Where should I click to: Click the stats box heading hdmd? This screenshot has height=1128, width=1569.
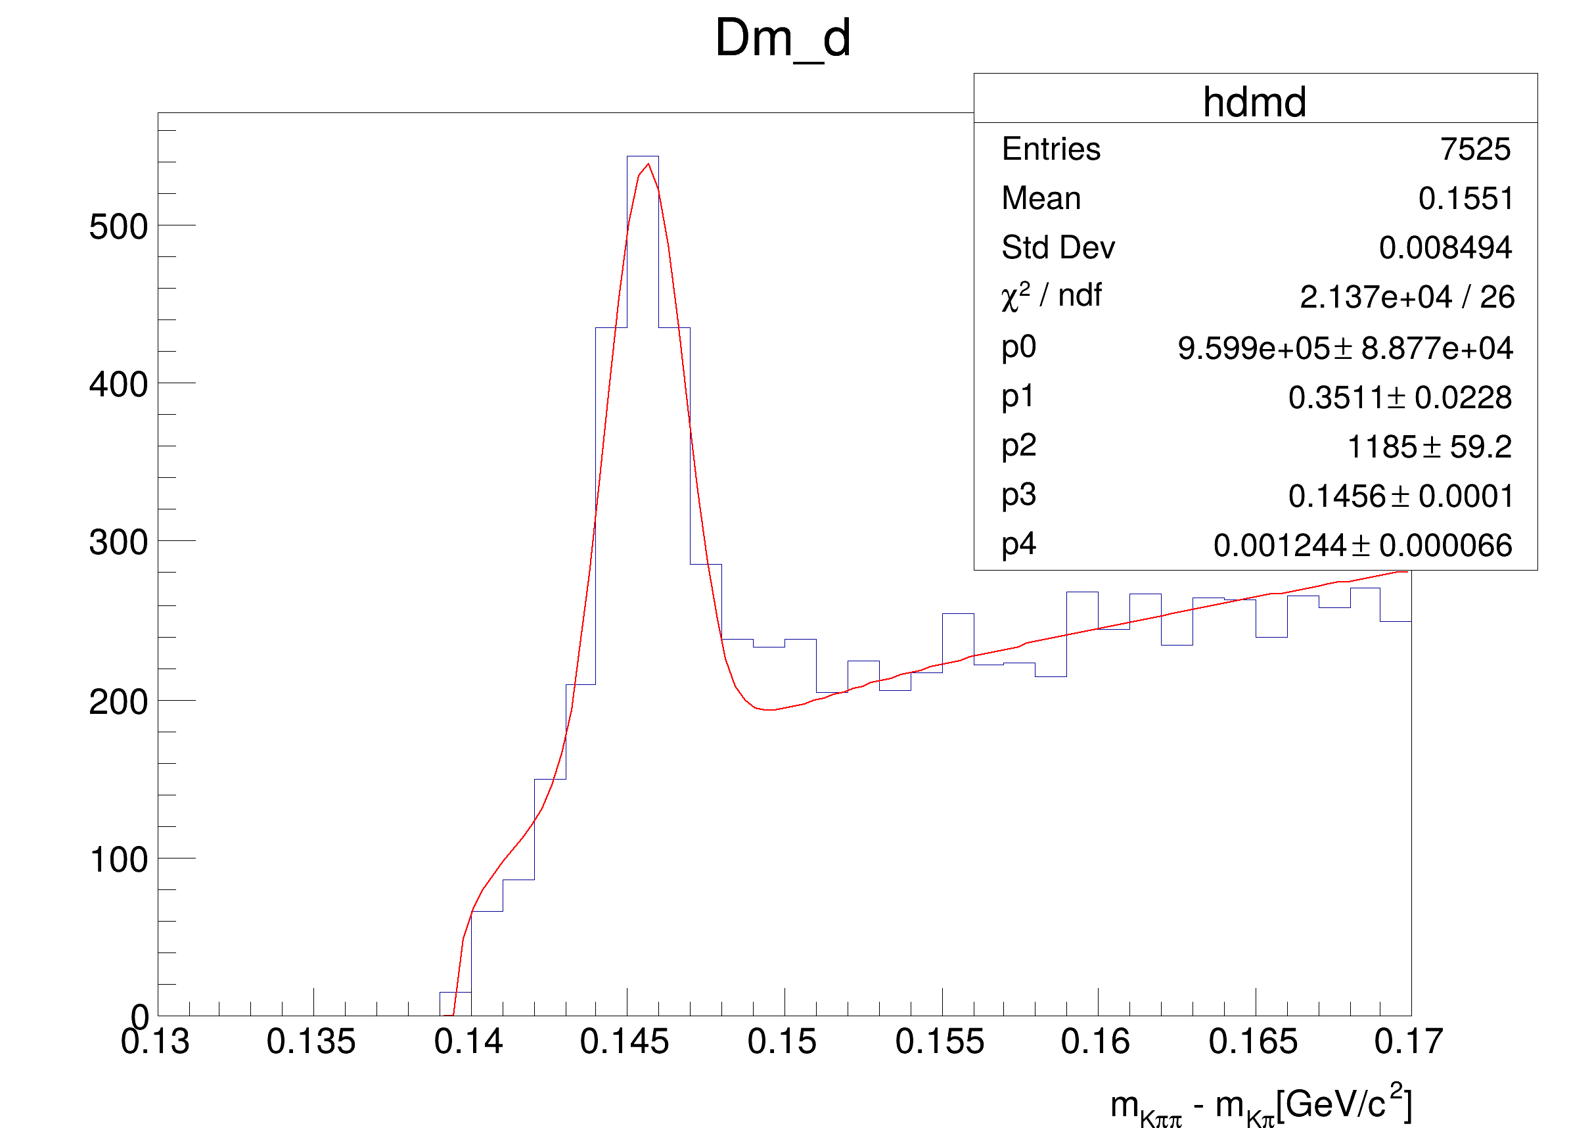pyautogui.click(x=1254, y=103)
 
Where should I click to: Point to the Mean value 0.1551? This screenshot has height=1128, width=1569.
pyautogui.click(x=1465, y=199)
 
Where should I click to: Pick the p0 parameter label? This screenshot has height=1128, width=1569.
pyautogui.click(x=1018, y=346)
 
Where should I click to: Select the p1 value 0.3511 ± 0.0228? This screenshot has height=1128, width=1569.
pyautogui.click(x=1399, y=397)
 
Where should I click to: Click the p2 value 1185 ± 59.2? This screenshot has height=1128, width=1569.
pyautogui.click(x=1428, y=447)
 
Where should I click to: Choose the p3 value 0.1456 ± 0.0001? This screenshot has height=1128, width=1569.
pyautogui.click(x=1399, y=496)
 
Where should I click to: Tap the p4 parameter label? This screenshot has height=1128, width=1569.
pyautogui.click(x=1018, y=545)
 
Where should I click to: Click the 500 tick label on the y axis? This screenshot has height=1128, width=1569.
pyautogui.click(x=118, y=227)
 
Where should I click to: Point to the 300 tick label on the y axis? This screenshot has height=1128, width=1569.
pyautogui.click(x=118, y=542)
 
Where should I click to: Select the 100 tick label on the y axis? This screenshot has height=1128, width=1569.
pyautogui.click(x=118, y=860)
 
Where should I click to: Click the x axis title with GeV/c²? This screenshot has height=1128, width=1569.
pyautogui.click(x=1260, y=1105)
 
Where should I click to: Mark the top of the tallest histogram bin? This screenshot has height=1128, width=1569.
pyautogui.click(x=643, y=157)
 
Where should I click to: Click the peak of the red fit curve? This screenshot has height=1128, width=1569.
pyautogui.click(x=648, y=164)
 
